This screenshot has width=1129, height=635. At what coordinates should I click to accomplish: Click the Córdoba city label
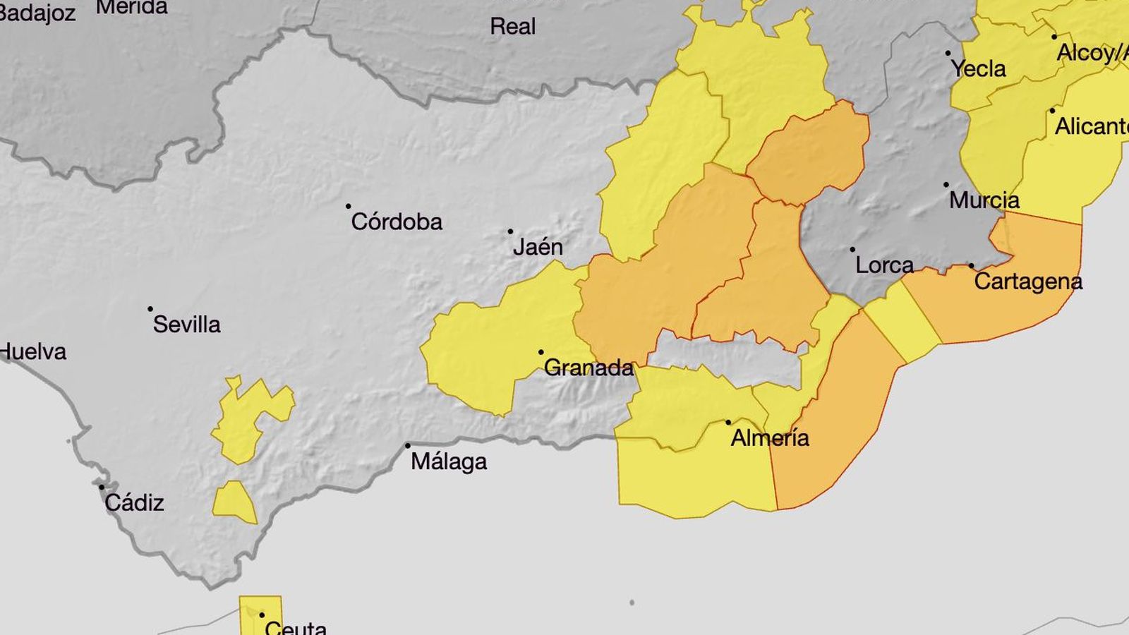click(397, 222)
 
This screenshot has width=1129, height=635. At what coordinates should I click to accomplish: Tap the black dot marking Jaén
click(510, 231)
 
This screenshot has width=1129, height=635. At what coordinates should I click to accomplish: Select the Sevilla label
click(186, 325)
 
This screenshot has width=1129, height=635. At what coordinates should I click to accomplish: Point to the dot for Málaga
click(407, 446)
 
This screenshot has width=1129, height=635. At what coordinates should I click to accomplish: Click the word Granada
click(588, 368)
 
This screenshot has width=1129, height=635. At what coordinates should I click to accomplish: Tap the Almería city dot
click(728, 423)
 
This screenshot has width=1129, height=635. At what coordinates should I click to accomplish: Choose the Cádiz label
click(134, 503)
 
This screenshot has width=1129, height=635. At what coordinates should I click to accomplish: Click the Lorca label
click(884, 265)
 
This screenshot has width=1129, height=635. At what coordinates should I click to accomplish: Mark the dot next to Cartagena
click(971, 266)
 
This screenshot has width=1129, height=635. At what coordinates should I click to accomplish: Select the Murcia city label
click(984, 200)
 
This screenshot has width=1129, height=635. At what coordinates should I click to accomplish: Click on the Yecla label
click(978, 69)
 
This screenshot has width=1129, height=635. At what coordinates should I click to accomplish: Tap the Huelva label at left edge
click(32, 351)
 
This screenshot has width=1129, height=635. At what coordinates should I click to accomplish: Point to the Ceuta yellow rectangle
click(260, 612)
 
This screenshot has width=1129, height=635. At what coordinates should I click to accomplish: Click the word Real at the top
click(512, 27)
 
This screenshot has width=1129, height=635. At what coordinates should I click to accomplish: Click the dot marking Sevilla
click(150, 309)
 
